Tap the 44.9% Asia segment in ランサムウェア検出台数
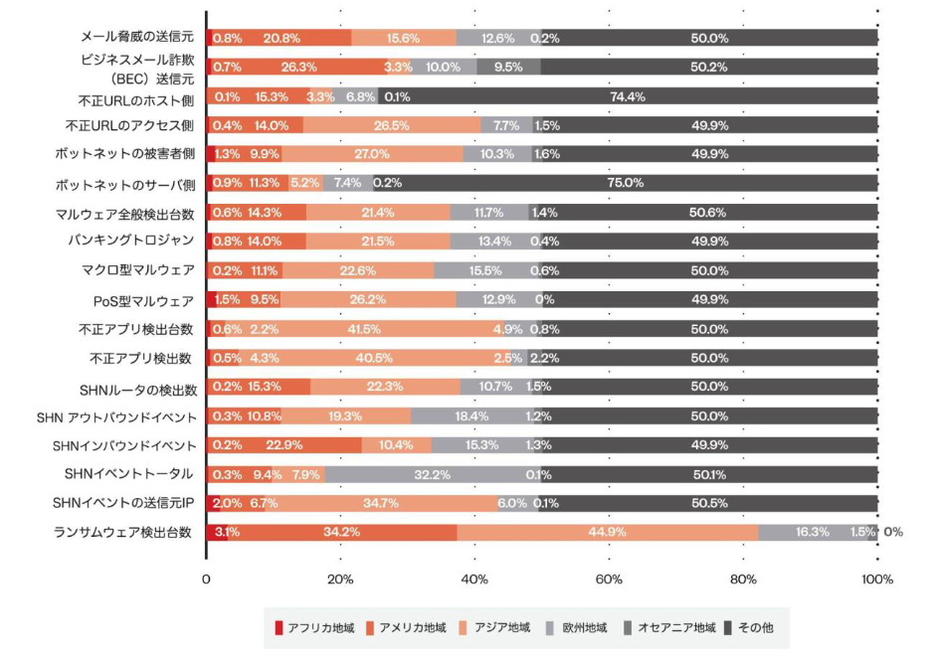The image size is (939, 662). (x=607, y=532)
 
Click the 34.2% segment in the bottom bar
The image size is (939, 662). (x=342, y=532)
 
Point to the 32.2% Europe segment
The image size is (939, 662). (x=431, y=474)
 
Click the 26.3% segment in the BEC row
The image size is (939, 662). (x=298, y=68)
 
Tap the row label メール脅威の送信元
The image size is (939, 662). (x=136, y=37)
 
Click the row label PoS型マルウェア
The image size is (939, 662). (x=144, y=300)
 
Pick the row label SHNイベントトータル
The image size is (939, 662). (x=128, y=474)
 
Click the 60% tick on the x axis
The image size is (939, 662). (x=609, y=579)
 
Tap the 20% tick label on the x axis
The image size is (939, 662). (x=340, y=579)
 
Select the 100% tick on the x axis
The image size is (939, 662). (x=876, y=579)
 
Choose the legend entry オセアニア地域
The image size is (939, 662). (x=668, y=628)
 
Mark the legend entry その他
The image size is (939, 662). (x=757, y=628)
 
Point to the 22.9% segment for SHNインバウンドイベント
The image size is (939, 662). (x=284, y=444)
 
